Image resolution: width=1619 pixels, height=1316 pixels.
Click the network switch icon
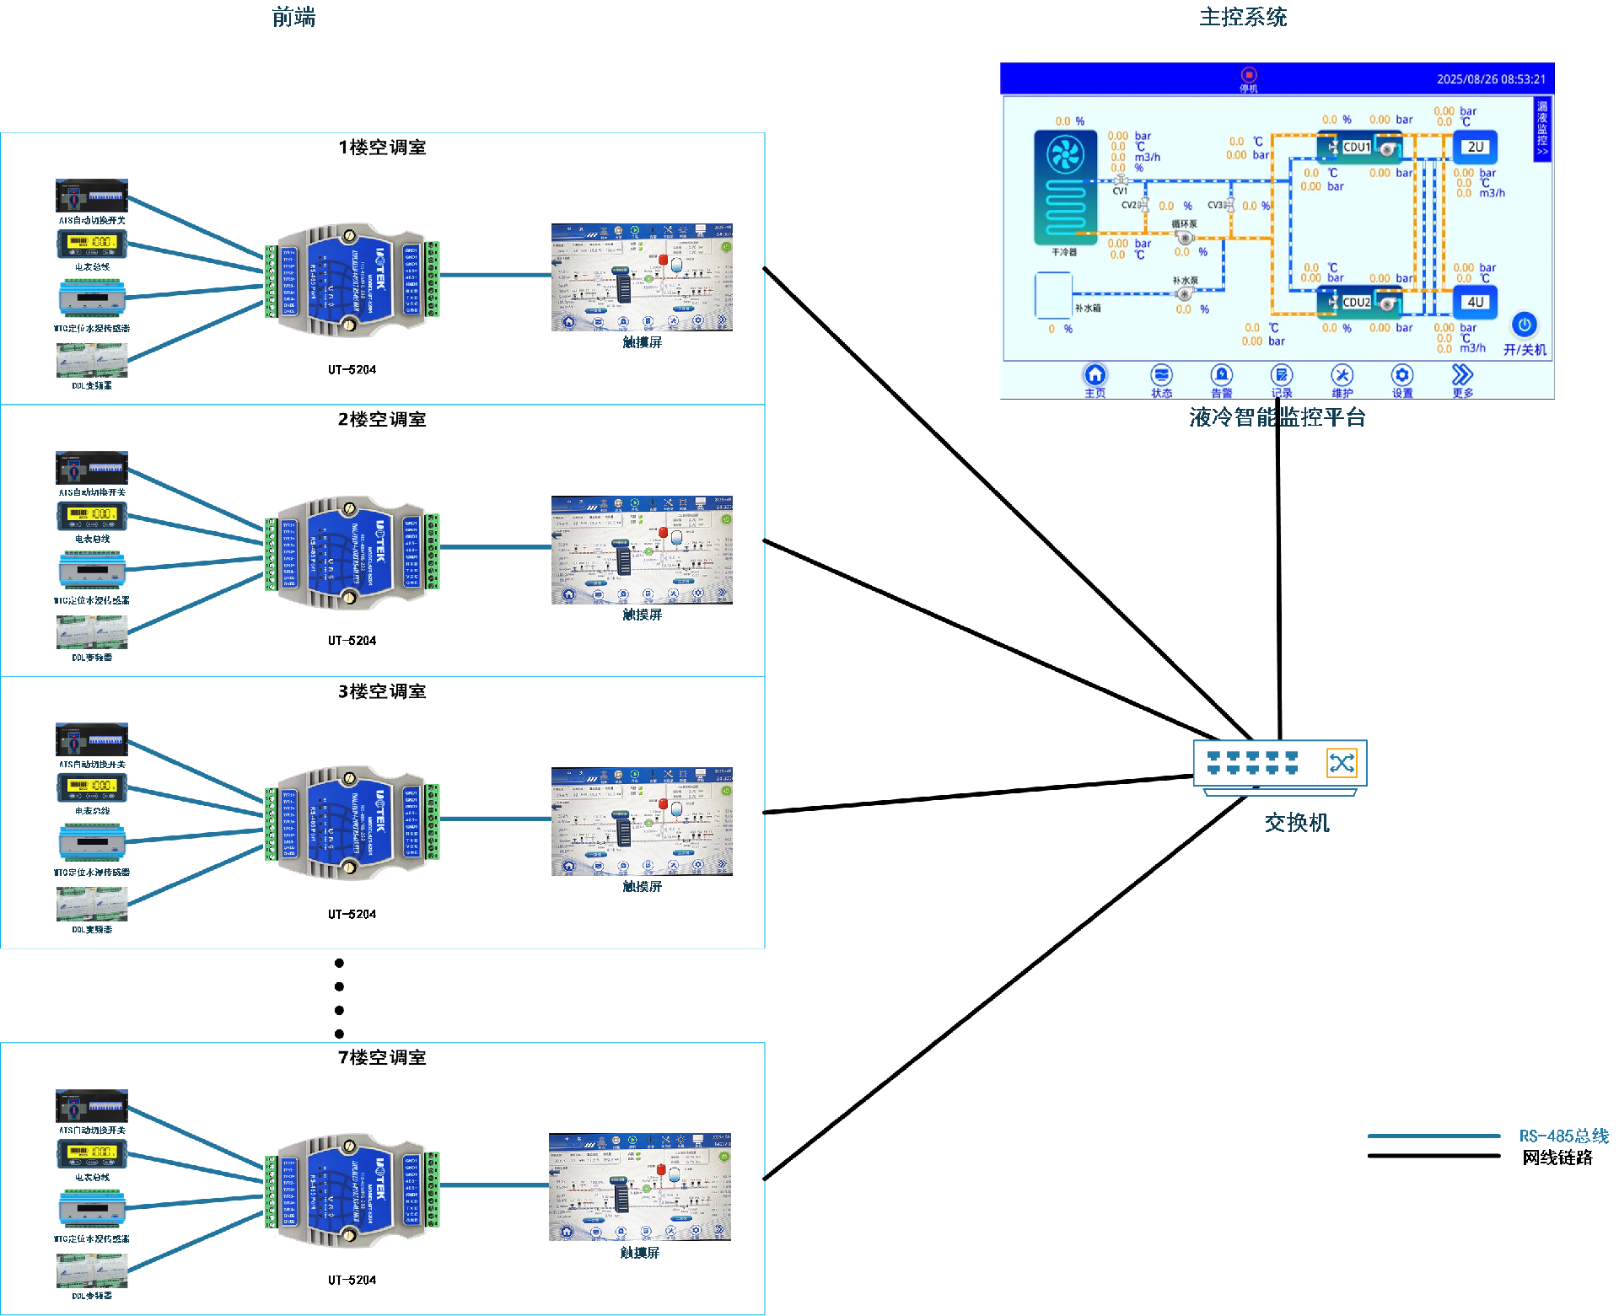[x=1279, y=764]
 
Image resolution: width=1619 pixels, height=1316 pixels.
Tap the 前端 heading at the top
[x=293, y=18]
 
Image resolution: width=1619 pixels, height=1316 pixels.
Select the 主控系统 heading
[x=1242, y=18]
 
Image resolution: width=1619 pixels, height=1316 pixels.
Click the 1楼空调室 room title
[x=382, y=148]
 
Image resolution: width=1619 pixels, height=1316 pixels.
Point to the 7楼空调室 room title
[x=382, y=1057]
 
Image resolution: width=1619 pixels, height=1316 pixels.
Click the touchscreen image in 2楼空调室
[x=642, y=550]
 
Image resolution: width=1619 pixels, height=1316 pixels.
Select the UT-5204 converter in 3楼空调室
[x=352, y=822]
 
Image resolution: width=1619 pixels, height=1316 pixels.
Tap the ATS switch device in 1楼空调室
[x=92, y=196]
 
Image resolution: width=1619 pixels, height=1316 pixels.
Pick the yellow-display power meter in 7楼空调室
[x=92, y=1152]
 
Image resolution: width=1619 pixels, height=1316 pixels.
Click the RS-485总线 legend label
[x=1563, y=1136]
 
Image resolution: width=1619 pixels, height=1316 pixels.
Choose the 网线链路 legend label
[x=1557, y=1158]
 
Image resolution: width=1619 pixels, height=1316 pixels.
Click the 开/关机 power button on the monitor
[x=1524, y=325]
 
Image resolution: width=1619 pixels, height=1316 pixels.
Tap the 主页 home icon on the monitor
[x=1095, y=375]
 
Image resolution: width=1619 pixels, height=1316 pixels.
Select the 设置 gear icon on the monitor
[x=1401, y=375]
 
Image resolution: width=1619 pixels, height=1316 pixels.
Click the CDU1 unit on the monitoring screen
[x=1358, y=148]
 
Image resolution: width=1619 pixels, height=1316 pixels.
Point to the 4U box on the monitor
[x=1475, y=302]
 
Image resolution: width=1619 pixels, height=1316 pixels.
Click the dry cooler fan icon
[x=1064, y=155]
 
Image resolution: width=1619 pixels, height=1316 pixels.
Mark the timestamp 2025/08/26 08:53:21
[x=1491, y=79]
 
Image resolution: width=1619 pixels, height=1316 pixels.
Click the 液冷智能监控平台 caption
[x=1277, y=417]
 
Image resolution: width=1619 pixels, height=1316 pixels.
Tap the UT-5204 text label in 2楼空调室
[x=352, y=641]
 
